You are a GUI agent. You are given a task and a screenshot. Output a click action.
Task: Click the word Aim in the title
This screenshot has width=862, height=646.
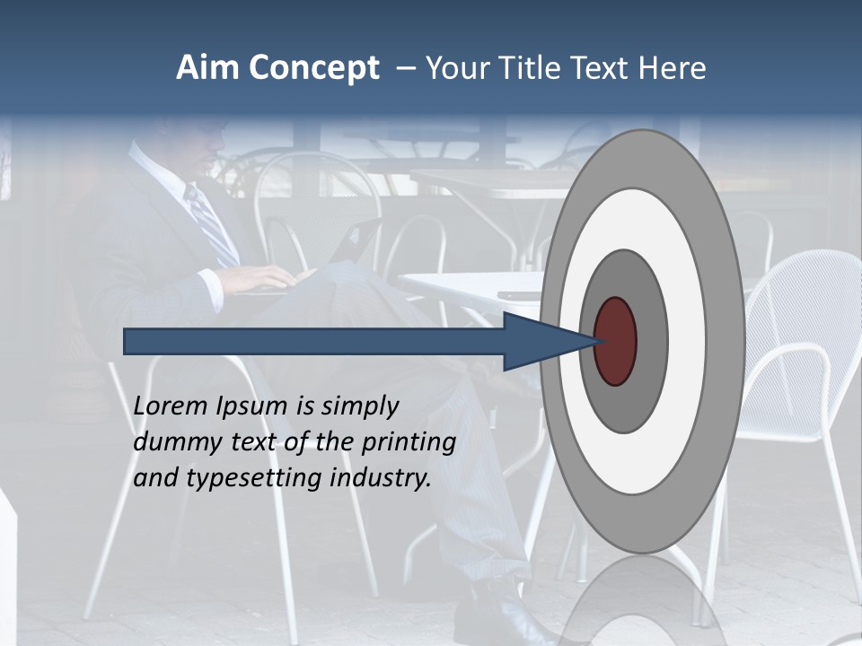tap(207, 68)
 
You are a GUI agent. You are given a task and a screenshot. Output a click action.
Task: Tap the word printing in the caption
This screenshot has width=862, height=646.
tap(409, 443)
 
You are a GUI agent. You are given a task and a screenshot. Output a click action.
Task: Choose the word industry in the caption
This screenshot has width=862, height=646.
tap(381, 478)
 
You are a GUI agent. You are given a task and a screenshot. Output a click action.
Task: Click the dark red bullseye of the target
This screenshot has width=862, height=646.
tap(616, 341)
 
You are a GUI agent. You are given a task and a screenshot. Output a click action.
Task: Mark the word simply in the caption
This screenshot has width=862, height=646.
tap(359, 407)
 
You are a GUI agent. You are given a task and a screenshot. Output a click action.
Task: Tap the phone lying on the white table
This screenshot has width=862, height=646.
tap(519, 294)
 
